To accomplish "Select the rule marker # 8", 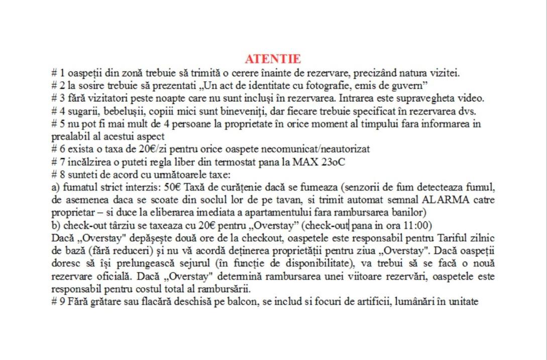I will click(57, 175).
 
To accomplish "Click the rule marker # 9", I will click(57, 302).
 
